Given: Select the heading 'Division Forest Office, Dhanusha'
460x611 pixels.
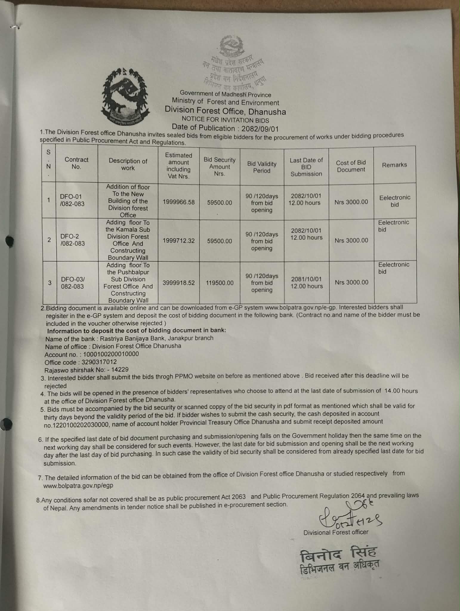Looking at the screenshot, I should (x=225, y=111).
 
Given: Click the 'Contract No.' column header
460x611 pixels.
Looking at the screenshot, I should (x=76, y=163).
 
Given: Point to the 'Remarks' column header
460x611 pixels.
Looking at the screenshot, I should (x=394, y=165).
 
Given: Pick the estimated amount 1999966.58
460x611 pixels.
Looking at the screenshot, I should (x=178, y=202).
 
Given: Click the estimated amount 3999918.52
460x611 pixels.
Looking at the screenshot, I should (x=178, y=283).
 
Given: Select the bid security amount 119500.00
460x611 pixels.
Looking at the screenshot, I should (x=220, y=283).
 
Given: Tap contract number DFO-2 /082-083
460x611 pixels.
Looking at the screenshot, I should (x=72, y=240).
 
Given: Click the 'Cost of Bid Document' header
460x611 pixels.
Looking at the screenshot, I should (x=351, y=166).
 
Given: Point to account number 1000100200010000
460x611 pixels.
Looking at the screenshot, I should (x=111, y=354).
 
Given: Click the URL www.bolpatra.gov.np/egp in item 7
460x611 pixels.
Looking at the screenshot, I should (x=78, y=486).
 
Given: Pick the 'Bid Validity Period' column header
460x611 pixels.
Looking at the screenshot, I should (x=262, y=167).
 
